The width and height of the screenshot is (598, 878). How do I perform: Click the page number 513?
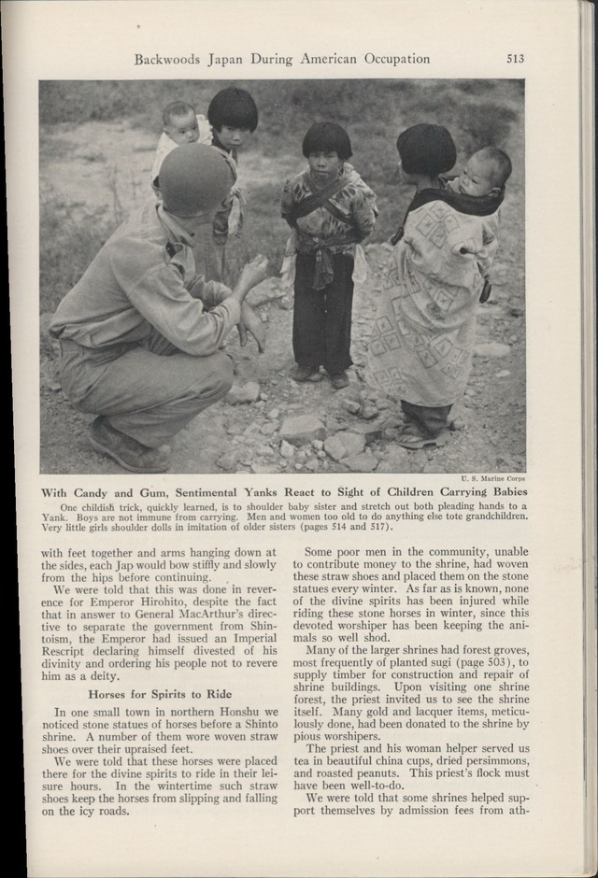(x=515, y=58)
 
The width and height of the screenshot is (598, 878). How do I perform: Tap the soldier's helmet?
(x=195, y=178)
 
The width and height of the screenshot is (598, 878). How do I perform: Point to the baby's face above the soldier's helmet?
(x=179, y=122)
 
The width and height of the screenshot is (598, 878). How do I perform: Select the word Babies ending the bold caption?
(x=504, y=492)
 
